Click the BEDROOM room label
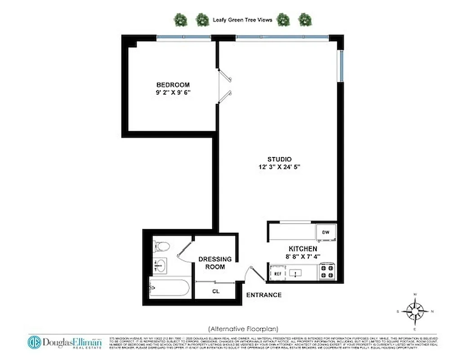click(173, 85)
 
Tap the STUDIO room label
click(279, 159)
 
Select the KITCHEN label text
click(303, 248)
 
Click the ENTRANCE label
click(264, 295)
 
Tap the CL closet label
click(215, 291)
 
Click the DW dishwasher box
click(326, 232)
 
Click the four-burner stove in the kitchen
click(326, 272)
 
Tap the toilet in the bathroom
click(161, 246)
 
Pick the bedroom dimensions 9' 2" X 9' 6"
click(173, 93)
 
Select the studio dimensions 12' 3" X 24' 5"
click(279, 167)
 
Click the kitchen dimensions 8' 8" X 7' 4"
click(304, 256)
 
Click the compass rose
click(415, 310)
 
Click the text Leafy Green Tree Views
click(242, 20)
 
